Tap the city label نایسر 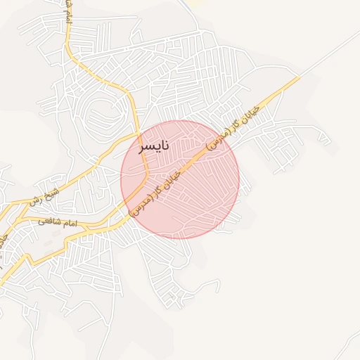[154, 148]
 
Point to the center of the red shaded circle [180, 179]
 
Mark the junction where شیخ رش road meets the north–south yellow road [138, 134]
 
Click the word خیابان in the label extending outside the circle [251, 112]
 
